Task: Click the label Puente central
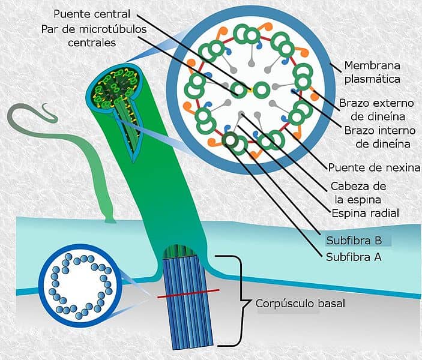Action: tap(91, 13)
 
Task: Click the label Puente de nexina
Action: tap(373, 167)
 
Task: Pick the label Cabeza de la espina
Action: tap(358, 192)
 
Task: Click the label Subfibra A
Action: tap(354, 259)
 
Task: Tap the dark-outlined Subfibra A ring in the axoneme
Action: tap(229, 140)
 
